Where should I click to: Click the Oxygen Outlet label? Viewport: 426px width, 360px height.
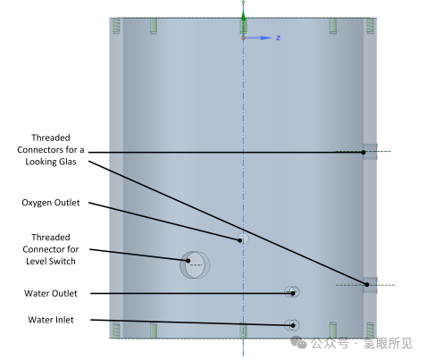coord(51,203)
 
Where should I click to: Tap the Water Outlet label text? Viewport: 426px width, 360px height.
coord(51,293)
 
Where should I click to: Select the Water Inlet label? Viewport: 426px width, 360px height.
coord(51,320)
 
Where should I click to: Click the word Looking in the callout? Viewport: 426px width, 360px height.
coord(38,162)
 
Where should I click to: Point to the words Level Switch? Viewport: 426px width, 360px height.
coord(51,261)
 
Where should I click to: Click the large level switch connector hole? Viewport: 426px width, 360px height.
coord(195,264)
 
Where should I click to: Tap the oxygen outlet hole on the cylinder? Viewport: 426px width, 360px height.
coord(243,239)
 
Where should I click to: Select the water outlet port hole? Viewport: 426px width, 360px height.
coord(292,292)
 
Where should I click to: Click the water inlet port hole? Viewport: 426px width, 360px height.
coord(292,325)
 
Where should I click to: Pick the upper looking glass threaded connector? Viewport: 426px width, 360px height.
coord(370,152)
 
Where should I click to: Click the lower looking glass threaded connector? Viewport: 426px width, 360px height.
coord(370,285)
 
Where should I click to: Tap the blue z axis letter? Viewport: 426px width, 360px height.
coord(278,38)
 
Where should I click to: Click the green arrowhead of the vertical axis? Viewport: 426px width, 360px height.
coord(243,16)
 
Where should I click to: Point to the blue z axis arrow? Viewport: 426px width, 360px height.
coord(258,38)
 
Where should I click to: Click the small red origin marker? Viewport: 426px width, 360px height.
coord(243,38)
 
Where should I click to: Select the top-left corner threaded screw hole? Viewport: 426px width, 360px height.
coord(116,26)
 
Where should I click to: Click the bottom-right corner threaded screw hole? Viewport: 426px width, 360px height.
coord(370,331)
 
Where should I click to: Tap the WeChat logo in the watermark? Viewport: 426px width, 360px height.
coord(298,343)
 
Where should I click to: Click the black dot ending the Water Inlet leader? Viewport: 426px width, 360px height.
coord(293,325)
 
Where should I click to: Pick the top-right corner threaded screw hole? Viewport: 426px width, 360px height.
coord(370,26)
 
